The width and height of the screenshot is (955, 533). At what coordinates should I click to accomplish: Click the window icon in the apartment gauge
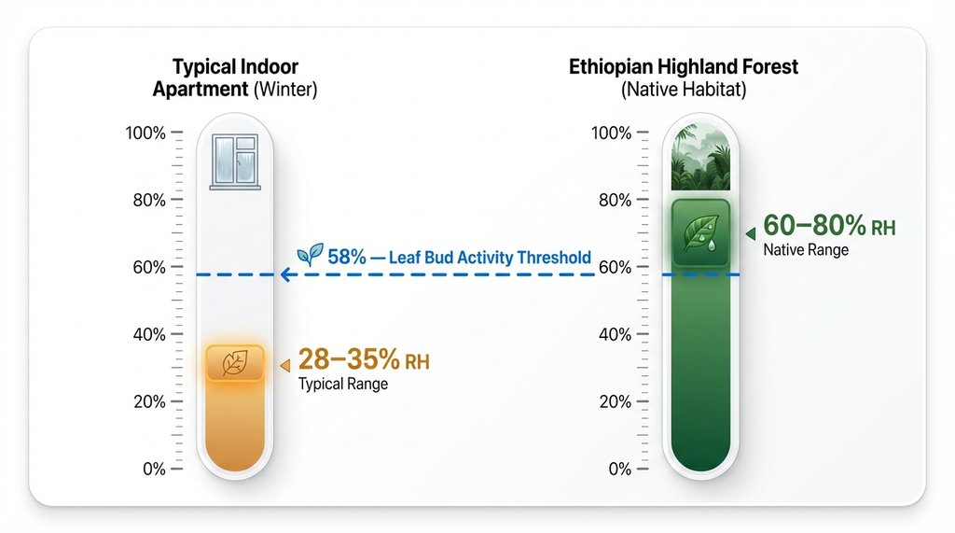pyautogui.click(x=234, y=161)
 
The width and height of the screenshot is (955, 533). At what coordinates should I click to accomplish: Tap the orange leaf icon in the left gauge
pyautogui.click(x=234, y=364)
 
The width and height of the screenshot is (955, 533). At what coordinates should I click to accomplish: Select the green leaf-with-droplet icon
pyautogui.click(x=699, y=231)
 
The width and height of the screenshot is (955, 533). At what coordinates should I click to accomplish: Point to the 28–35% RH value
pyautogui.click(x=364, y=360)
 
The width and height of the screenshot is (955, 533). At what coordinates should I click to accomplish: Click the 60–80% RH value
pyautogui.click(x=829, y=226)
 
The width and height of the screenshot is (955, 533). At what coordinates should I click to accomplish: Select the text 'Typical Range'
pyautogui.click(x=342, y=384)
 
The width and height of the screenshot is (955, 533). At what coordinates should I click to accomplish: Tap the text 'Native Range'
pyautogui.click(x=806, y=249)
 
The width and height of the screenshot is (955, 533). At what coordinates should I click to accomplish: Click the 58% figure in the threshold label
pyautogui.click(x=346, y=256)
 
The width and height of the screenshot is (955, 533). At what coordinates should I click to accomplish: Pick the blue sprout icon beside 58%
pyautogui.click(x=310, y=254)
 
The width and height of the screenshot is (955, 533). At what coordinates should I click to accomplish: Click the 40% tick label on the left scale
pyautogui.click(x=148, y=335)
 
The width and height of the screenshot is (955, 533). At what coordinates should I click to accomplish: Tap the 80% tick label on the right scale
pyautogui.click(x=615, y=201)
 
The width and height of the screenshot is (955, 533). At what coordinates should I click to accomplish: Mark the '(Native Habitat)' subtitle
pyautogui.click(x=684, y=91)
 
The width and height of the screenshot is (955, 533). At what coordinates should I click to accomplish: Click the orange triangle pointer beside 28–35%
pyautogui.click(x=284, y=366)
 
